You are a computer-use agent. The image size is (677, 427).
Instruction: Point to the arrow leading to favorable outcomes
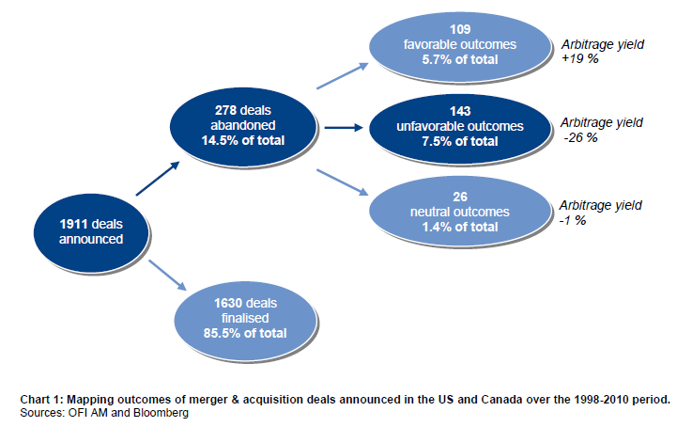[x=344, y=75]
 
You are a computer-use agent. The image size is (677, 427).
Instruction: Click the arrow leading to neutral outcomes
[x=343, y=181]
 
